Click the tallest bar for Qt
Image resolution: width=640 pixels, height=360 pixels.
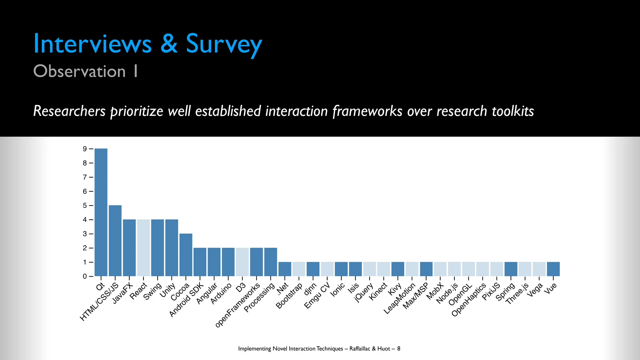(101, 212)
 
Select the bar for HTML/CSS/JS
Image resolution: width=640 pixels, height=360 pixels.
(115, 241)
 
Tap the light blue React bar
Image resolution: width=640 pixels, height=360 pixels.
(143, 248)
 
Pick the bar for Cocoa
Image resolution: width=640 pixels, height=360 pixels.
(186, 255)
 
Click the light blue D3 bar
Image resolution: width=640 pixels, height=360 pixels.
(242, 262)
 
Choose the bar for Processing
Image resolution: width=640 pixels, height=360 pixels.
(271, 262)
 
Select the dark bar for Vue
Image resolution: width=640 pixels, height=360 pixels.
(553, 269)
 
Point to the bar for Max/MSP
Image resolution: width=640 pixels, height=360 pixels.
(426, 269)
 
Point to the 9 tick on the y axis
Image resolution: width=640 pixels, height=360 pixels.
(85, 149)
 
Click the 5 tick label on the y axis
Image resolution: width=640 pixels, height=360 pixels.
(85, 206)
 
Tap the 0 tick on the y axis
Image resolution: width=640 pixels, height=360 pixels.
(85, 276)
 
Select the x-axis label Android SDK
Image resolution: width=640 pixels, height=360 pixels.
(186, 300)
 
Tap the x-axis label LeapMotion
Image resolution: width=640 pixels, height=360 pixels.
(399, 298)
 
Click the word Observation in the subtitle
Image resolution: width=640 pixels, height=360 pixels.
(79, 71)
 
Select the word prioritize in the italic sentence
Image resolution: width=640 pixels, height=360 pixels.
(137, 111)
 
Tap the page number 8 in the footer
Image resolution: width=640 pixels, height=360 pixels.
(399, 349)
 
